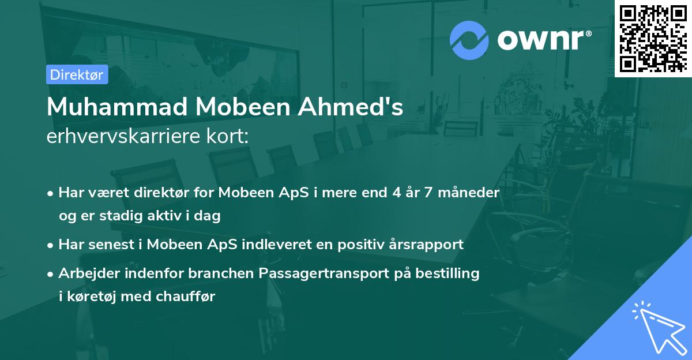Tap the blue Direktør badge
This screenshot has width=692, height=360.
pyautogui.click(x=77, y=74)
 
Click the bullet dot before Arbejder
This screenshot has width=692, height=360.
pyautogui.click(x=51, y=273)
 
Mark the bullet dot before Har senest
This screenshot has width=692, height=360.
pyautogui.click(x=51, y=245)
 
